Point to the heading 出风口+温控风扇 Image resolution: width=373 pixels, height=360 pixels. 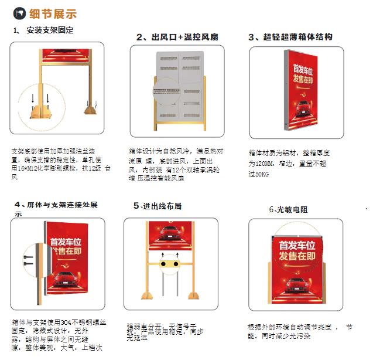pos(177,38)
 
